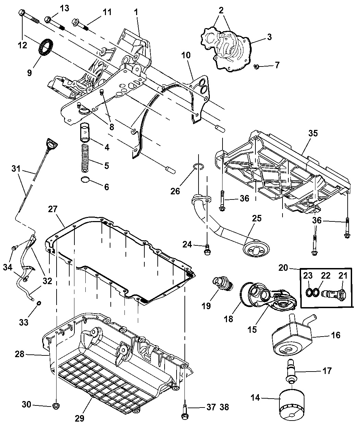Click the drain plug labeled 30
tap(55, 406)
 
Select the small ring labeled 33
tap(39, 303)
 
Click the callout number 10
tap(186, 55)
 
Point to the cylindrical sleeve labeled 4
tap(84, 132)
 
